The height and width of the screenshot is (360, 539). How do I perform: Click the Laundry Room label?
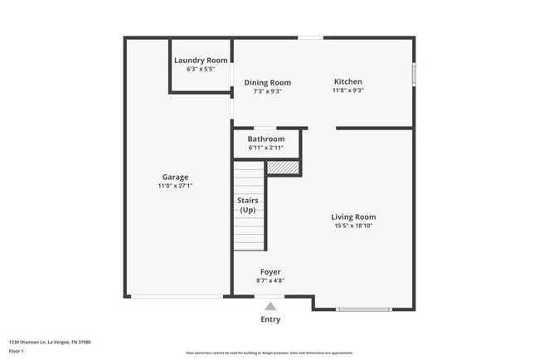201,61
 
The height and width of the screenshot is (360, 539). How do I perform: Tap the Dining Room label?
267,82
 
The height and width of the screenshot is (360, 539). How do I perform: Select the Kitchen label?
348,81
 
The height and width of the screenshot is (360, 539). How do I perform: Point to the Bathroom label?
266,139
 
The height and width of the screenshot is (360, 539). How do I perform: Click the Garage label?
175,177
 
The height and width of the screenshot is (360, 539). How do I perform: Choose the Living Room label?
354,216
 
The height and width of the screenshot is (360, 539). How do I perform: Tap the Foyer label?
270,271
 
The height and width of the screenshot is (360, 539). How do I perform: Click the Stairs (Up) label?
248,205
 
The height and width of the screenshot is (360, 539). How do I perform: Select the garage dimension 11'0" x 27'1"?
175,186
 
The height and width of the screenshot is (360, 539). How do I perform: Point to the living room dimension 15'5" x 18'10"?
354,226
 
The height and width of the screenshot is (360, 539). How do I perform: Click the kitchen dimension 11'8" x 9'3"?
348,90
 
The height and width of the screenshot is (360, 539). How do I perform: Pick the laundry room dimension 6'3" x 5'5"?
201,70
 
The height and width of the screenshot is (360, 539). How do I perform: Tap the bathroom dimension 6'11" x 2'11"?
266,148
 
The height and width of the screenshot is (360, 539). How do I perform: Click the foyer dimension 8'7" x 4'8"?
270,280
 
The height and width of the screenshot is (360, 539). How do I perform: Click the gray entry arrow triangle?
270,306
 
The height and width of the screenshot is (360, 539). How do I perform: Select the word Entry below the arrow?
270,319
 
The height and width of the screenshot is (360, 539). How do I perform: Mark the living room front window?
364,310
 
